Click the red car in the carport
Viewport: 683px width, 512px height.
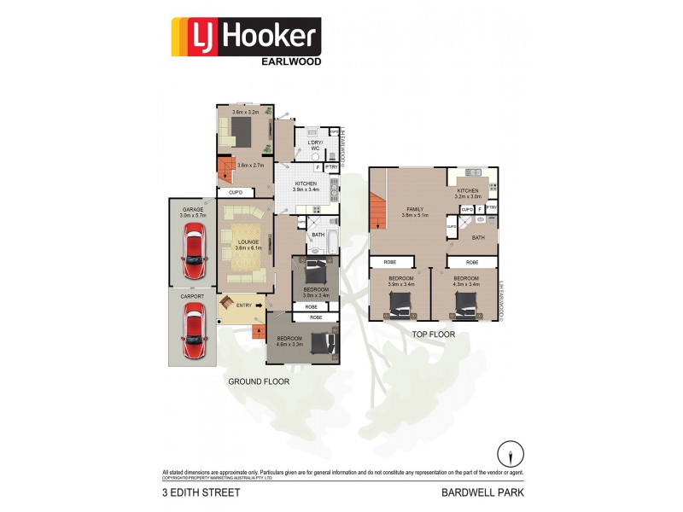[194, 334]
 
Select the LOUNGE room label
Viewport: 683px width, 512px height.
[248, 241]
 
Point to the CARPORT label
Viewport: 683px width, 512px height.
[194, 296]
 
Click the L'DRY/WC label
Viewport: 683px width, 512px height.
[314, 146]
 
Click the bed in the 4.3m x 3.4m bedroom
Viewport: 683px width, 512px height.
[465, 302]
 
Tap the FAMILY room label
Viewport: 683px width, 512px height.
[415, 208]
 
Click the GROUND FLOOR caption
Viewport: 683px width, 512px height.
[258, 381]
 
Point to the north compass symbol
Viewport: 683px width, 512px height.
[511, 453]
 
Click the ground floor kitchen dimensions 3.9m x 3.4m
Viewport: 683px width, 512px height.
[305, 189]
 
